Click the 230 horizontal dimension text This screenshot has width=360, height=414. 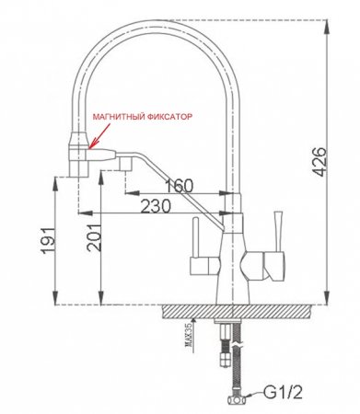160,208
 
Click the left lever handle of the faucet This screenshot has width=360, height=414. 195,247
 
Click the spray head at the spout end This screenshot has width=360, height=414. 79,156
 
